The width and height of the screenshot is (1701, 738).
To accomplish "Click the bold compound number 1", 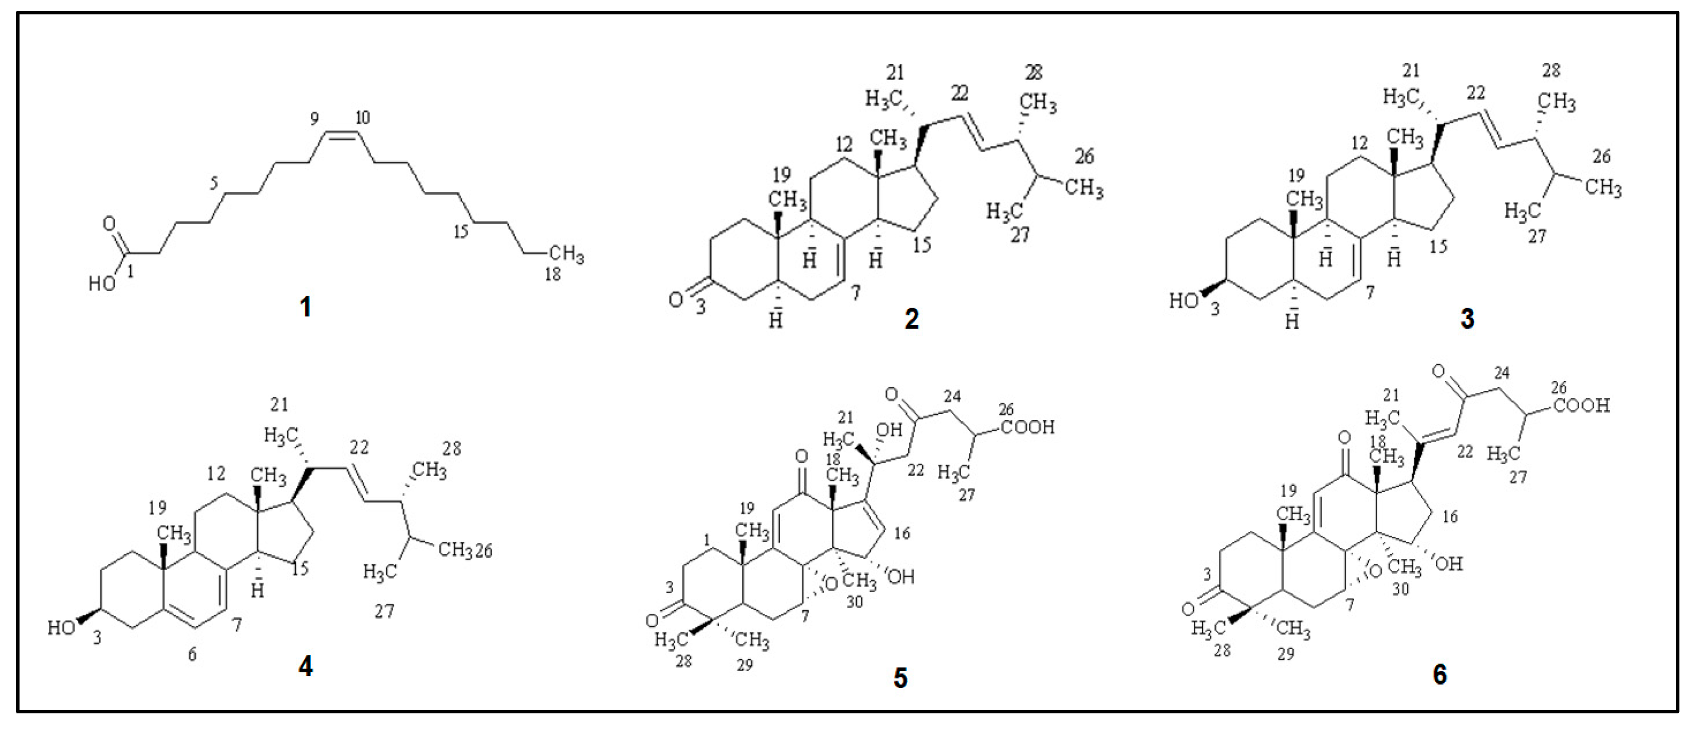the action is (305, 307).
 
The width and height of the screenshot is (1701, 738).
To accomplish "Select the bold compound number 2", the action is (911, 319).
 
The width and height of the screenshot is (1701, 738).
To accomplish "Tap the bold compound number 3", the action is (1467, 319).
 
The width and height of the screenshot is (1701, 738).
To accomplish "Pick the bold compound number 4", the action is (305, 667).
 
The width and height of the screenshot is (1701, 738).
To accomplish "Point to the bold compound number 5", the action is (900, 678).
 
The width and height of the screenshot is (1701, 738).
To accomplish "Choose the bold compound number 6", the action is (1439, 675).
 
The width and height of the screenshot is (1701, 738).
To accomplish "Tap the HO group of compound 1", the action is (102, 284).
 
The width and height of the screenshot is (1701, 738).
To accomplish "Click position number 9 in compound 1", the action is (315, 119).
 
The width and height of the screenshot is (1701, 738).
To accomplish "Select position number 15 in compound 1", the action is (460, 231).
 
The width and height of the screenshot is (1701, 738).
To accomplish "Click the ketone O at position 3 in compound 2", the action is (675, 300).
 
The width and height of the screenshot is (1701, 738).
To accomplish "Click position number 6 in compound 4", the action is (192, 655).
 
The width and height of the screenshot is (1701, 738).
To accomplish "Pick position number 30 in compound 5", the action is (854, 602).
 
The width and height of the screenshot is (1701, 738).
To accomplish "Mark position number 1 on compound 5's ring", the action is (707, 540).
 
